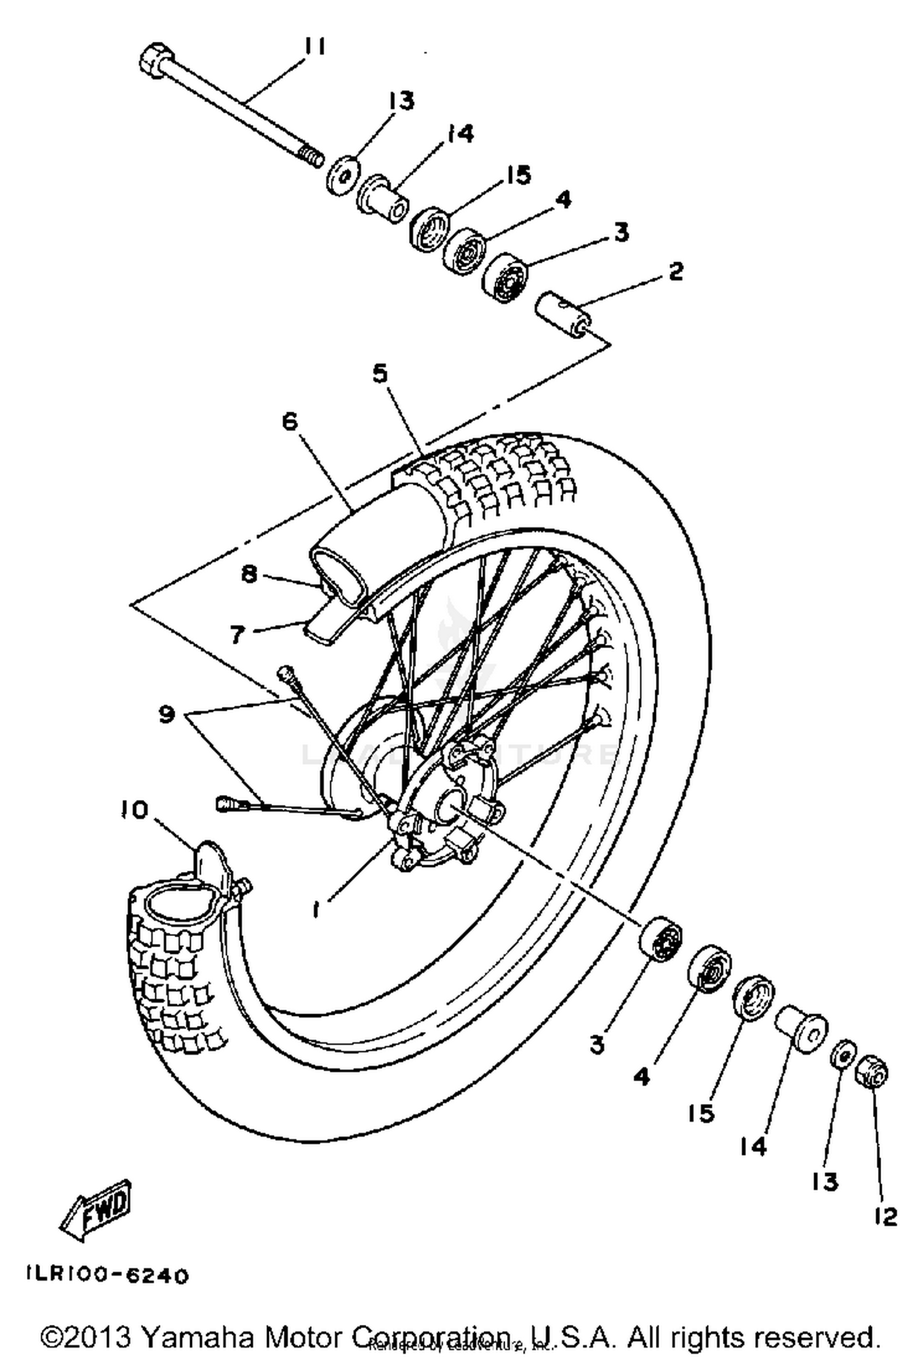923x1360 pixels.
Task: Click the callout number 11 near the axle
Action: click(314, 47)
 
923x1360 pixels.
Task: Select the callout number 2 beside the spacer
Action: click(676, 271)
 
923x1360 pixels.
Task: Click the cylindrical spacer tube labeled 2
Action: click(563, 314)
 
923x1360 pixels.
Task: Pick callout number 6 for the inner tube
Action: click(290, 422)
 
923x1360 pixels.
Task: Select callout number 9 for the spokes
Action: click(166, 714)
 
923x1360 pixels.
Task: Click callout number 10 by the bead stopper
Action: click(135, 810)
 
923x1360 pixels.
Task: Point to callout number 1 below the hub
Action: click(316, 910)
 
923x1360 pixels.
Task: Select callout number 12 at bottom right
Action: click(885, 1216)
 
